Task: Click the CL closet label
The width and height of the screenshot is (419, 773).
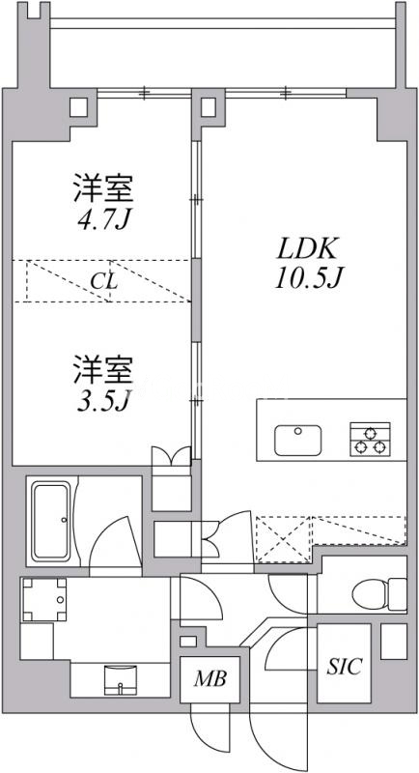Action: click(x=104, y=282)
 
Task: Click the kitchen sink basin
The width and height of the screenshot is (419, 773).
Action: click(x=297, y=441)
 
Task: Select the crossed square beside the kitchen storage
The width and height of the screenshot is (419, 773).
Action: click(x=281, y=539)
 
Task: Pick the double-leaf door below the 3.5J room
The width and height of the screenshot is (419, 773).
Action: click(x=174, y=457)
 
